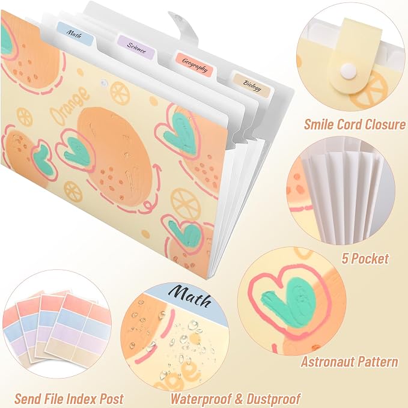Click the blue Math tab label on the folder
(75, 34)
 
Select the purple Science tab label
(136, 47)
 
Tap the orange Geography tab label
(195, 64)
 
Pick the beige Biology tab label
(252, 85)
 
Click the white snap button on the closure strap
(348, 70)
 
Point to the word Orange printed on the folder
(69, 105)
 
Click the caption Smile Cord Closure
(355, 124)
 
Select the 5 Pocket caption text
(365, 258)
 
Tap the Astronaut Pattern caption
(350, 361)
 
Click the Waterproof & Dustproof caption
(235, 398)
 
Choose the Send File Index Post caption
(69, 398)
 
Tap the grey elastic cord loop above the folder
(184, 26)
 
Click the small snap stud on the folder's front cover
(104, 83)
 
